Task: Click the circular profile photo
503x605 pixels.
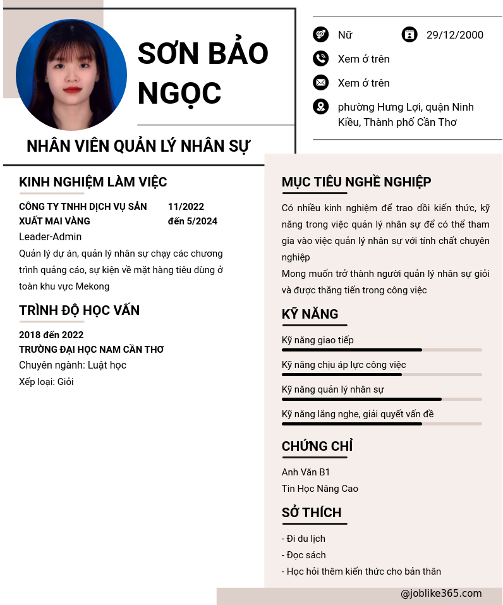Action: [71, 75]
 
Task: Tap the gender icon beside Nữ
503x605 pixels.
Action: [320, 35]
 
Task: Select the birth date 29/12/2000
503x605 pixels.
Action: [454, 35]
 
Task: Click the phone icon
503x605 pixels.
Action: [320, 59]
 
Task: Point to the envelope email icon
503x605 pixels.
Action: [320, 83]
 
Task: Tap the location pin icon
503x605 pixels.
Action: [320, 107]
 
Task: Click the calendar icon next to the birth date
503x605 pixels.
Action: [409, 35]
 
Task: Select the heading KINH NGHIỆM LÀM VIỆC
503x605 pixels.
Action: [93, 182]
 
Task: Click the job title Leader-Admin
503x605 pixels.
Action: [51, 236]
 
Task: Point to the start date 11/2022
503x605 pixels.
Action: [186, 207]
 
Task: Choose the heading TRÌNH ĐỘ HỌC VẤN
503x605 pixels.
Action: [80, 310]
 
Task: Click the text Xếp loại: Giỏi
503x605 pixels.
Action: [46, 382]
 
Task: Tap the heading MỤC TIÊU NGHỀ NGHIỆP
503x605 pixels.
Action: [356, 182]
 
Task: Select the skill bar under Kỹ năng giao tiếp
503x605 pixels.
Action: [382, 350]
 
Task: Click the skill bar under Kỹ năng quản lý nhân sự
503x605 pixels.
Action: [382, 399]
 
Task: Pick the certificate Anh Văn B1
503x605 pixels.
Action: [306, 472]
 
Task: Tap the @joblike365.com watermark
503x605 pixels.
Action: [441, 594]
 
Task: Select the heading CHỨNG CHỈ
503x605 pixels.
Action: [317, 446]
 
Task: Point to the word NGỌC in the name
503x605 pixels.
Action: [179, 94]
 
